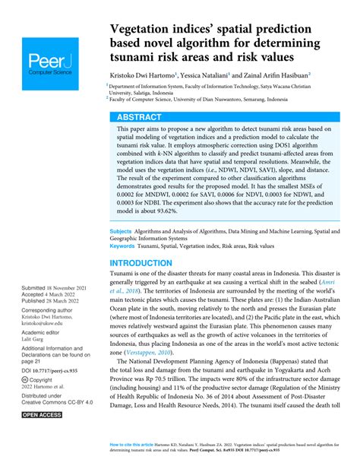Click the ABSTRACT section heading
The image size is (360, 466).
tap(140, 117)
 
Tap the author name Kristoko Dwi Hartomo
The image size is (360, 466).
tap(141, 76)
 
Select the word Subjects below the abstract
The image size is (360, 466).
tap(124, 230)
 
